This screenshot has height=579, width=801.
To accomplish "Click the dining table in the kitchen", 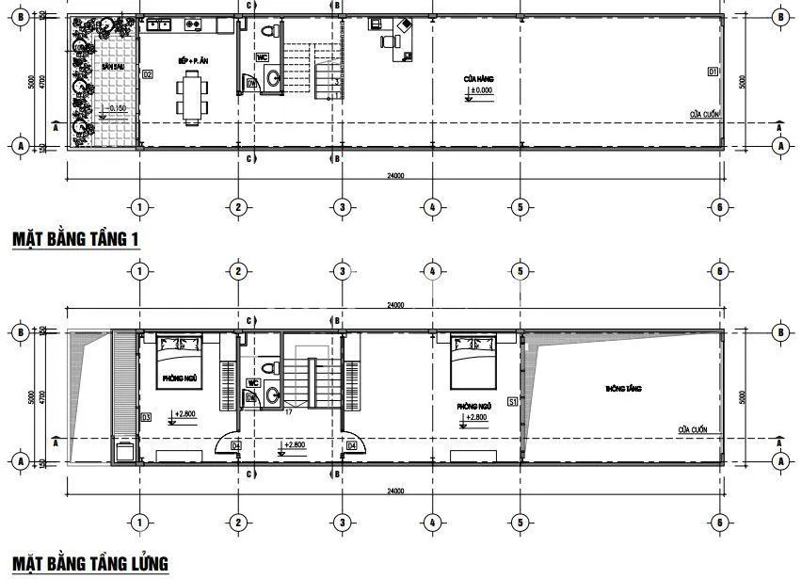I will tap(193, 97).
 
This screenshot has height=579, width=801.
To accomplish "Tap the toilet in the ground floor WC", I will tap(269, 32).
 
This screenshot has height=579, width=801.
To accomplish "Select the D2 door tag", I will tap(147, 72).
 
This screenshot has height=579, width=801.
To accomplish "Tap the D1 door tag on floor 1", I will tap(713, 71).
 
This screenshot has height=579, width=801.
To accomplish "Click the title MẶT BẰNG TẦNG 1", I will tap(75, 238).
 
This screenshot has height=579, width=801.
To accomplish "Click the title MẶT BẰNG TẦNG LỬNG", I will tap(90, 563).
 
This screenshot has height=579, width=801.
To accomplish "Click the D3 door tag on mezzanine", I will tap(146, 417).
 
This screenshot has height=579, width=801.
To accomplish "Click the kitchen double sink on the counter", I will tap(194, 24).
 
